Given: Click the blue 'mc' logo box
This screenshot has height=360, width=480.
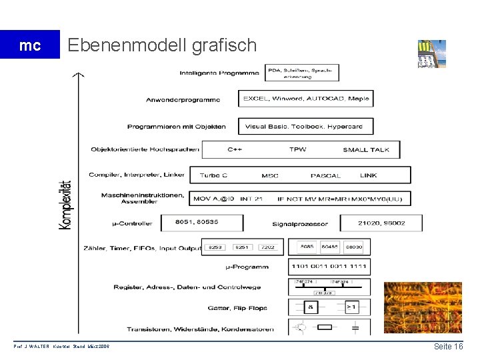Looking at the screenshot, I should (30, 45).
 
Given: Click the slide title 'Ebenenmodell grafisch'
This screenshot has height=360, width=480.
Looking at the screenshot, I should (162, 45).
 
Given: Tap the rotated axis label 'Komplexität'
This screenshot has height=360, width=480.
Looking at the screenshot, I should (66, 205).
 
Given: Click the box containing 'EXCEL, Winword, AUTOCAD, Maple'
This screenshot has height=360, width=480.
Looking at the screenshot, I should (306, 99).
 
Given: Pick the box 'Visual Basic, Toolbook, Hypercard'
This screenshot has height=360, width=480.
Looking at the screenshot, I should (304, 126).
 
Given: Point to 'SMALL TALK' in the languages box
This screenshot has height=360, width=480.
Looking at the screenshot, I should (367, 149).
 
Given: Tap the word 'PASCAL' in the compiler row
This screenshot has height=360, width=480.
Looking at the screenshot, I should (325, 175).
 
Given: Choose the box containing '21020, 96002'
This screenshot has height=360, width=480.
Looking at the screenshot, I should (381, 223).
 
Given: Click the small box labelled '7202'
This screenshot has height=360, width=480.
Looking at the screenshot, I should (268, 247).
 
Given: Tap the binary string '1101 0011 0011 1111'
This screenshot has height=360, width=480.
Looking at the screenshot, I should (329, 266).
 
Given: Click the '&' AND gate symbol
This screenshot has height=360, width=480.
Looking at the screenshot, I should (310, 307).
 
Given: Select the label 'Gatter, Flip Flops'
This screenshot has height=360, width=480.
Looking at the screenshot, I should (237, 308).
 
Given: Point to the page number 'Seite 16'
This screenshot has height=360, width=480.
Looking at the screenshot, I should (448, 347).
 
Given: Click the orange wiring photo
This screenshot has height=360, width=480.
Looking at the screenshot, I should (422, 307).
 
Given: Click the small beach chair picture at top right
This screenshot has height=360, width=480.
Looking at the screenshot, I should (431, 54).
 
